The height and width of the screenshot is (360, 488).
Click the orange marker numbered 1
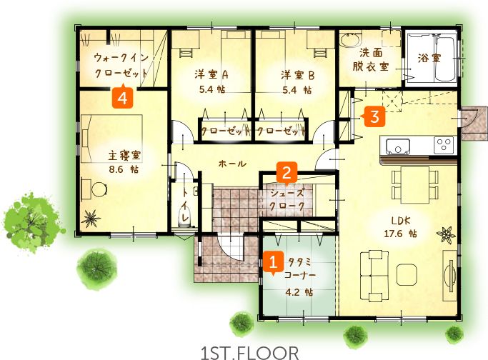(x=273, y=262)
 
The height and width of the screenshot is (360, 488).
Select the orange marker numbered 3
(x=374, y=116)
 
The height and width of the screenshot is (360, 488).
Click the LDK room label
(x=401, y=221)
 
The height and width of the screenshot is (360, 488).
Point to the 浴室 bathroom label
(x=429, y=58)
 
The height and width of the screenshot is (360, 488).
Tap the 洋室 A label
(x=211, y=75)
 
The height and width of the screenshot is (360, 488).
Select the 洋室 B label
(x=297, y=75)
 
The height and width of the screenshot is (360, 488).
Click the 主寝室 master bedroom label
(x=124, y=156)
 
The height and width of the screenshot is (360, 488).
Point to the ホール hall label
(x=232, y=164)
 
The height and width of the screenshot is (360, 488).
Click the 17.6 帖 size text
(x=400, y=234)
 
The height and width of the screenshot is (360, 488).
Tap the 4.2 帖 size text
(x=299, y=292)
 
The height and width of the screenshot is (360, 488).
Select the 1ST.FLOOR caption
(x=250, y=353)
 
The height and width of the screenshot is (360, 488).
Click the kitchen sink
(x=398, y=147)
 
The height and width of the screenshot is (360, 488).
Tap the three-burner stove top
(x=444, y=145)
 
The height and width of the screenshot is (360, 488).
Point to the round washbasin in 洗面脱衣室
(x=350, y=40)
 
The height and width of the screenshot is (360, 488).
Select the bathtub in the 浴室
(x=445, y=59)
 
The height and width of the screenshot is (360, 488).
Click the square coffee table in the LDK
(x=407, y=274)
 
